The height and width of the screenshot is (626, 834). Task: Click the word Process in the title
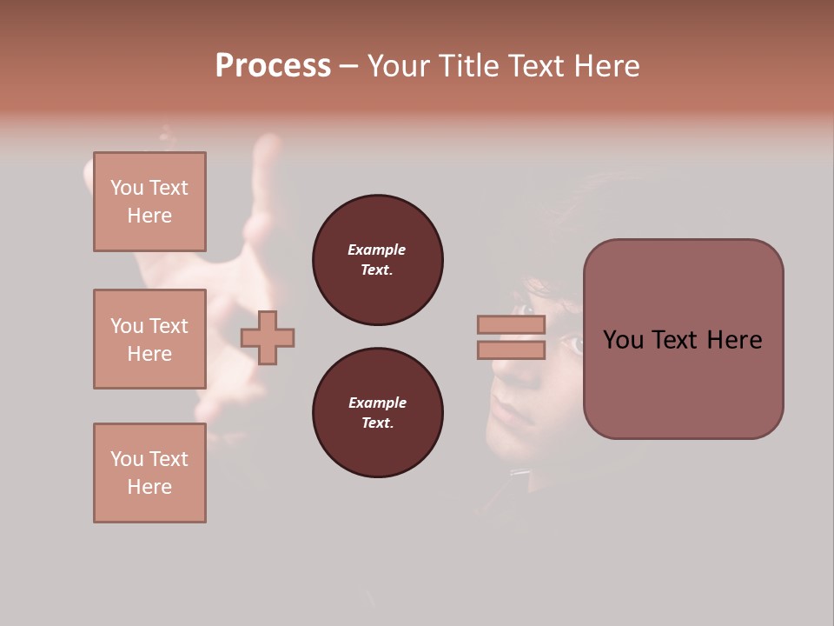pos(273,66)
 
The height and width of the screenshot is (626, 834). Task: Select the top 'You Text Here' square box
pos(149,202)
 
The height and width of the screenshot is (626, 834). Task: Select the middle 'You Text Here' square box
pos(149,339)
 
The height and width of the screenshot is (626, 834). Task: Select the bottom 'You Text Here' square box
pos(149,473)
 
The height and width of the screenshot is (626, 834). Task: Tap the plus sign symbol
pos(268,337)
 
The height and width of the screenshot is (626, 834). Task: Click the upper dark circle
pos(377,260)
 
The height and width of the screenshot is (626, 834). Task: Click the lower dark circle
pos(377,413)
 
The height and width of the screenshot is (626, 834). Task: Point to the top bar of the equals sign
pos(511,324)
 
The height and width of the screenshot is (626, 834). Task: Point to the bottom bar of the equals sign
pos(511,350)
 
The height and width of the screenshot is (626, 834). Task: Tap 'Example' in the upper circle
pos(377,250)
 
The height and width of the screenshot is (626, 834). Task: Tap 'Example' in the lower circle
pos(377,403)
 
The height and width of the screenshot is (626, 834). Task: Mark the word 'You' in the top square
pos(126,188)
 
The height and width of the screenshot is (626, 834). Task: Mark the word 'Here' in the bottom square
pos(149,487)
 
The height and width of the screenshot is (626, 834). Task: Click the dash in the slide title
pos(348,66)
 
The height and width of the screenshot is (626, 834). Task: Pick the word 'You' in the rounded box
pos(622,340)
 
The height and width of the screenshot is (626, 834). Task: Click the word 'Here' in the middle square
pos(149,354)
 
